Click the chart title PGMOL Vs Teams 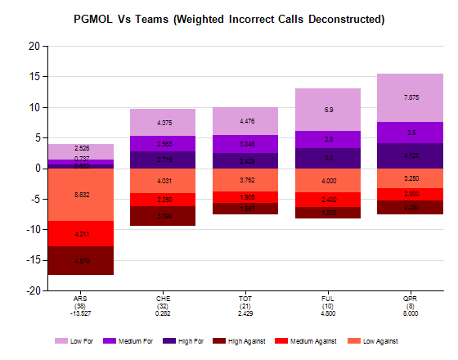pyautogui.click(x=229, y=18)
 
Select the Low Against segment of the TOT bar pyautogui.click(x=246, y=180)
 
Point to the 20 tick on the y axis pyautogui.click(x=34, y=47)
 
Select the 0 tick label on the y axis pyautogui.click(x=37, y=169)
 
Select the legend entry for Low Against pyautogui.click(x=373, y=340)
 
